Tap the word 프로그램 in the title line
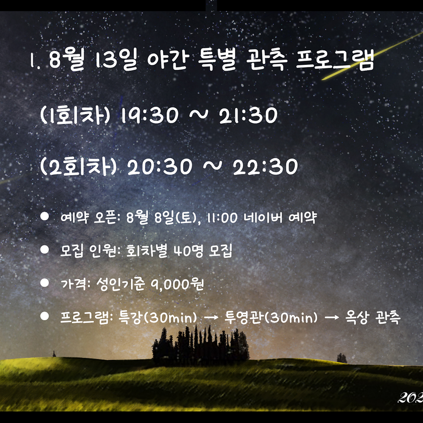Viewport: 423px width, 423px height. tap(335, 59)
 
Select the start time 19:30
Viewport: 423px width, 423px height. tap(150, 115)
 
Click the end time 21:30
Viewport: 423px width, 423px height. tap(248, 115)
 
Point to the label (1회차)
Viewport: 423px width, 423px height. tap(75, 115)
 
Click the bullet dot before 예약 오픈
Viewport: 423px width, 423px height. tap(45, 216)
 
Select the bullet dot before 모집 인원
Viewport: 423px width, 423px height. tap(45, 250)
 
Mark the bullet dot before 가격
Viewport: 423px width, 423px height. tap(45, 283)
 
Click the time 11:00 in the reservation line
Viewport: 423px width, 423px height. tap(222, 218)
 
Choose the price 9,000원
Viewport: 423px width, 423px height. tap(177, 284)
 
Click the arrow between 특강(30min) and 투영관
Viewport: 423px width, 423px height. tap(211, 318)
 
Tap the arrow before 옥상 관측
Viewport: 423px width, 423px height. tap(332, 318)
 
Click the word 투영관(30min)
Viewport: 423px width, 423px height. tap(271, 317)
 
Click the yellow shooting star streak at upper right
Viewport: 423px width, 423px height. tap(372, 56)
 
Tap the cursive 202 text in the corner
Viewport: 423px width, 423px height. tap(410, 398)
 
